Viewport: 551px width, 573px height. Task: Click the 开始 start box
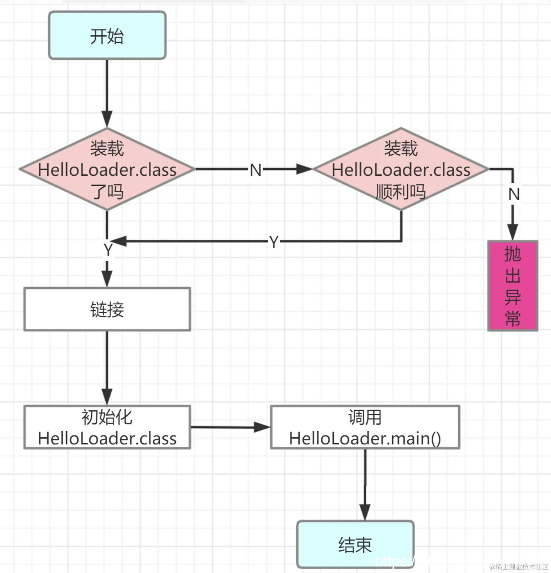[x=107, y=36]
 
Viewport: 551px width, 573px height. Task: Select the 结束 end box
[x=355, y=544]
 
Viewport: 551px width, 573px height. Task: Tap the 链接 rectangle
[x=107, y=309]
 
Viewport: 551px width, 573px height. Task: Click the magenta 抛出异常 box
[x=512, y=285]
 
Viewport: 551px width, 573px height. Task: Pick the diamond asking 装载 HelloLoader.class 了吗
[x=107, y=169]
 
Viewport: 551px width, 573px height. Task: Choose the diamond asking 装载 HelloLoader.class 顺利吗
[x=401, y=169]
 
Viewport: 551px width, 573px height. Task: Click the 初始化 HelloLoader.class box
[x=107, y=427]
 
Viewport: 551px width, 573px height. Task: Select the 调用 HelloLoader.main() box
[x=365, y=427]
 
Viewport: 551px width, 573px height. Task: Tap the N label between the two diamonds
[x=255, y=170]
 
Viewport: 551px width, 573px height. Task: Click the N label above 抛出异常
[x=514, y=194]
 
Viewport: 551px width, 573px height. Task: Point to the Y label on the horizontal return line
[x=274, y=242]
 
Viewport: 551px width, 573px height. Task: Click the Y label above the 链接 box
[x=108, y=250]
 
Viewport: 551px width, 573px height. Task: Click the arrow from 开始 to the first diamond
[x=107, y=93]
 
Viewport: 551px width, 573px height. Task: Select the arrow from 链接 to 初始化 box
[x=107, y=367]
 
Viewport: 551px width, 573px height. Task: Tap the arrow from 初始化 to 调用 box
[x=230, y=427]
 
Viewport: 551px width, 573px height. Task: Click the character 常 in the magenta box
[x=512, y=318]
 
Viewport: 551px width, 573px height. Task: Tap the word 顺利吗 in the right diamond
[x=401, y=192]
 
